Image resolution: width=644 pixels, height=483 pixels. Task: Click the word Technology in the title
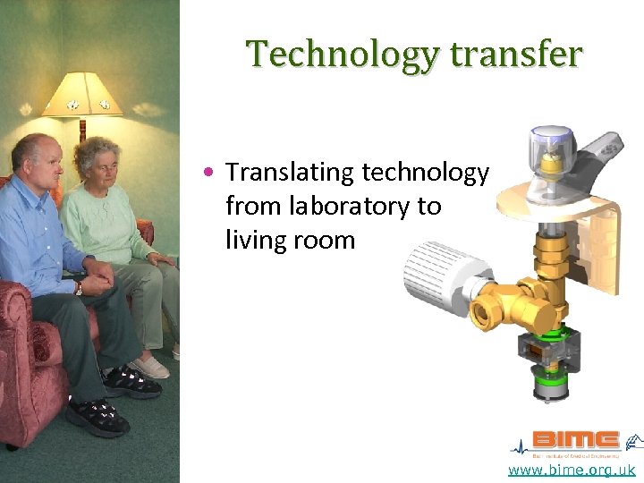(343, 55)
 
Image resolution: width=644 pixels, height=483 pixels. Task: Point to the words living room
(290, 240)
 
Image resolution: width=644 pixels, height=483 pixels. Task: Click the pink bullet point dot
(208, 171)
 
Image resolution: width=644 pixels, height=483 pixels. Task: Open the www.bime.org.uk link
(572, 470)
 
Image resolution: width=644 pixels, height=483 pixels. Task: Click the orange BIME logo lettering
(575, 440)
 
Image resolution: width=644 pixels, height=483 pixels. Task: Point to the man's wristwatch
(79, 288)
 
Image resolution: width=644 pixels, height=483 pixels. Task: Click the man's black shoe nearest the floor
(97, 416)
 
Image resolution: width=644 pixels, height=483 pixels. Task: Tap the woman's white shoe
(150, 368)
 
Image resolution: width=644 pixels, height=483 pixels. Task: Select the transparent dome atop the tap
(553, 144)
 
